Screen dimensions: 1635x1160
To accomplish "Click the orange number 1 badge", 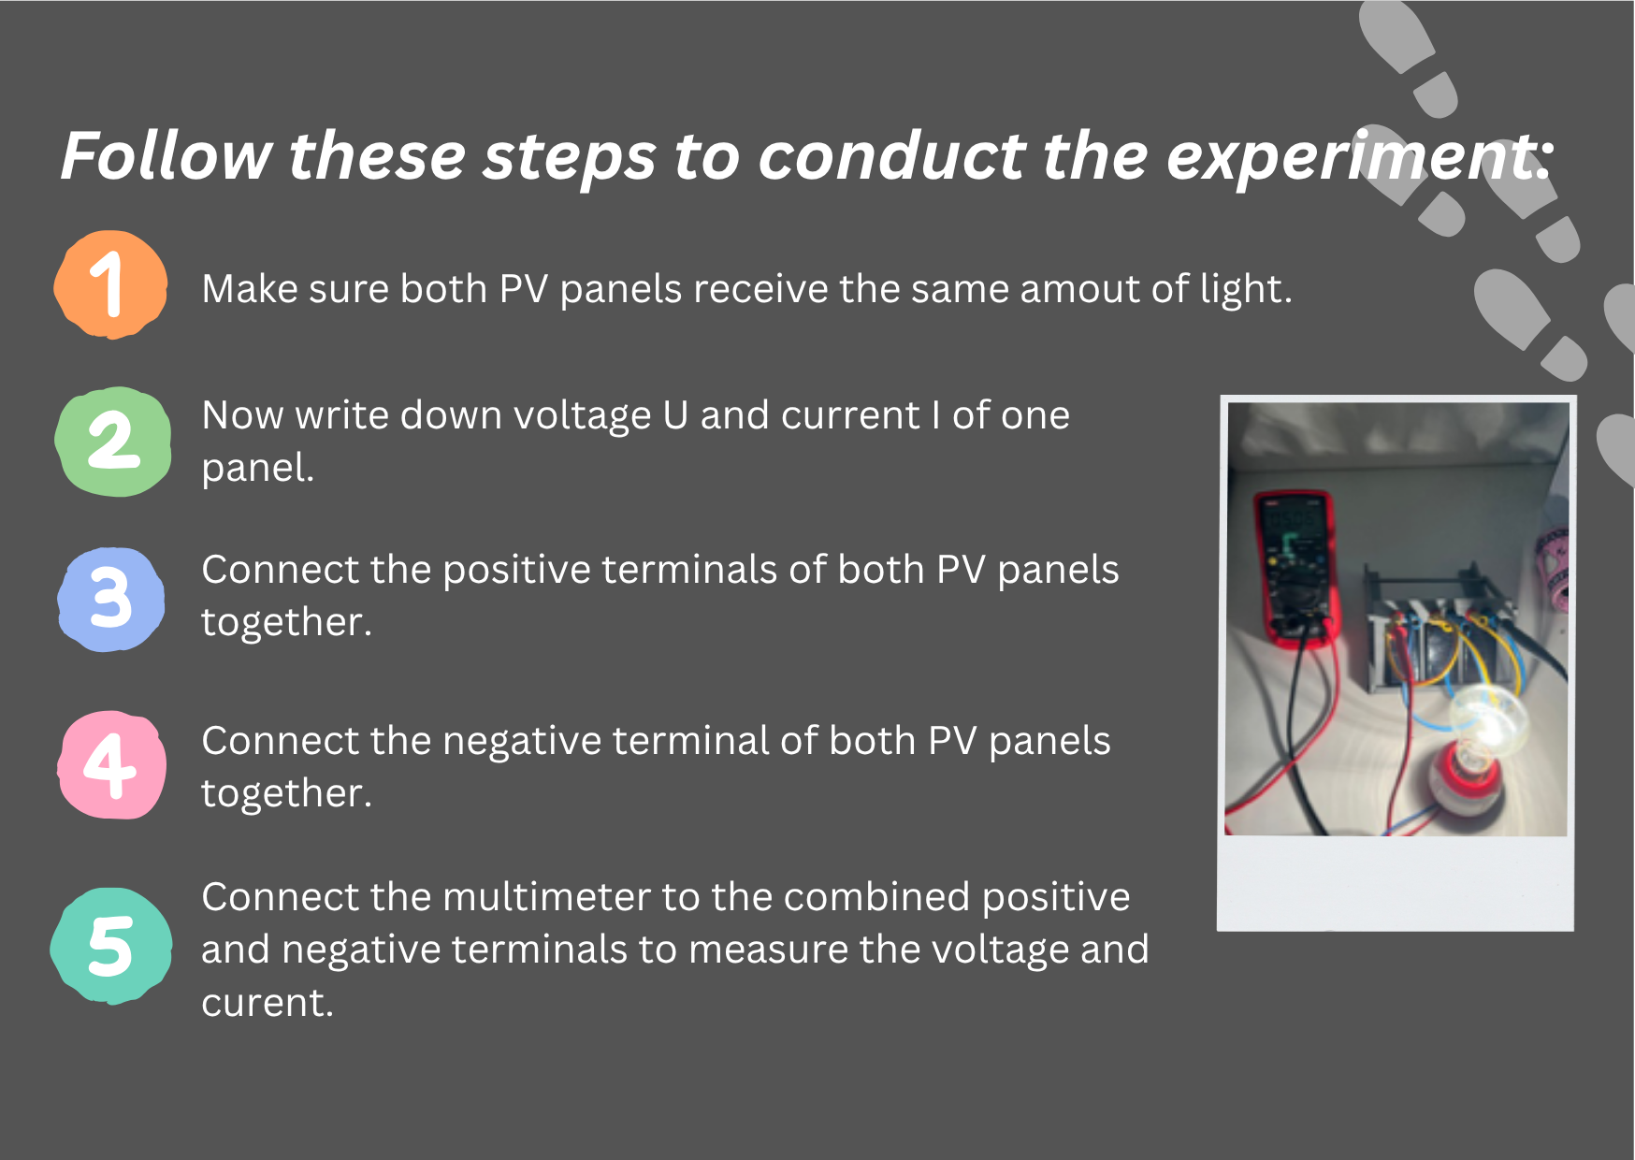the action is [x=111, y=284].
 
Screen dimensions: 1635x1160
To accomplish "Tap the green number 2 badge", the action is [x=113, y=442].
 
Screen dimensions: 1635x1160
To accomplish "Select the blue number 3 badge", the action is [x=111, y=599].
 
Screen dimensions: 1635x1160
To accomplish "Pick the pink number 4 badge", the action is [x=112, y=765].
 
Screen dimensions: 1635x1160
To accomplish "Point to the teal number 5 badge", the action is [x=111, y=946].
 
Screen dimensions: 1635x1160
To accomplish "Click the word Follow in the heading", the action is [x=166, y=155].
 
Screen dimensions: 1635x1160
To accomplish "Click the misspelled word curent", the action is [x=268, y=1003].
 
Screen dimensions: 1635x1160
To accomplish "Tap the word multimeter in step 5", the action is [x=546, y=897].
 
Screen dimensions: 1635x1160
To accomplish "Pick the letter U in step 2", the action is [x=675, y=415].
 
